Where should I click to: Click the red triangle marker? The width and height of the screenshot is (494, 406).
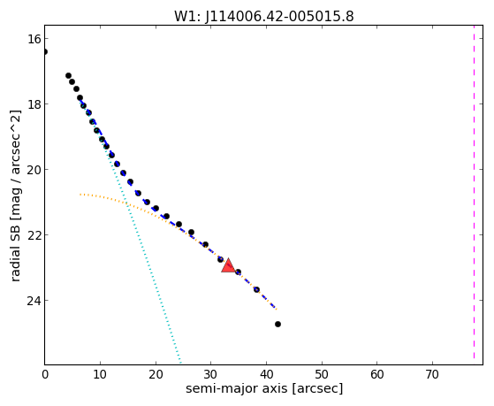click(228, 265)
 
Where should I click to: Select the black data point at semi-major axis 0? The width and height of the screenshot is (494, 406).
click(45, 51)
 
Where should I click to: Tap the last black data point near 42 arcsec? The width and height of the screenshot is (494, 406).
click(277, 324)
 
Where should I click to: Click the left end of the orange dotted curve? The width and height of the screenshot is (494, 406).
click(80, 195)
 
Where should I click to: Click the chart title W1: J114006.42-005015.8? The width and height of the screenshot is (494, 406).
click(264, 16)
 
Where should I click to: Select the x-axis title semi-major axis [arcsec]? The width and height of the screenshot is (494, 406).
click(264, 388)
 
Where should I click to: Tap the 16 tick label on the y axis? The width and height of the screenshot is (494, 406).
click(33, 39)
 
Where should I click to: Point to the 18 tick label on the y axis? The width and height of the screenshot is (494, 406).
click(33, 103)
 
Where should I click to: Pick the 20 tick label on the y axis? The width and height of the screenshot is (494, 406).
click(33, 170)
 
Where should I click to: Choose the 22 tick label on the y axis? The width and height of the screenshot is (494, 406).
click(33, 234)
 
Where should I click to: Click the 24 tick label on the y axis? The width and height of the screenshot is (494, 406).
click(33, 301)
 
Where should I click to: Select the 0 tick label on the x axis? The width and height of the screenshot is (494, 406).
click(45, 374)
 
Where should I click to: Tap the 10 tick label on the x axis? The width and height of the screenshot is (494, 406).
click(100, 374)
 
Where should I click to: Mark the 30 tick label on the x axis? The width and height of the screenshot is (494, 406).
click(211, 374)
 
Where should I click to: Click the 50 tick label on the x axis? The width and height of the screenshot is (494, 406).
click(322, 374)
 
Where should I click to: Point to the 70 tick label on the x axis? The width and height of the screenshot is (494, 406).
click(432, 374)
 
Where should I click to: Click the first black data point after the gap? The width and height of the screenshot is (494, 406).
click(68, 76)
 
